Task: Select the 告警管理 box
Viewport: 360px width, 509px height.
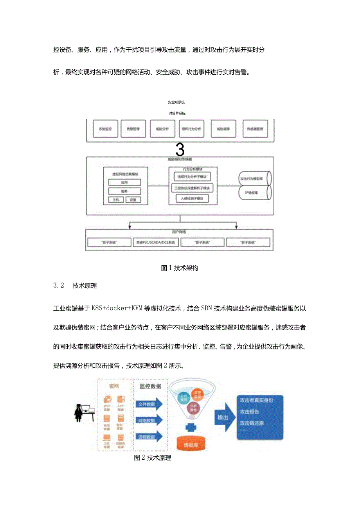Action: point(130,129)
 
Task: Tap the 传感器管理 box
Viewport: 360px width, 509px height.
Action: point(256,129)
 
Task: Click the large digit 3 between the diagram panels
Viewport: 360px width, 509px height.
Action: point(180,149)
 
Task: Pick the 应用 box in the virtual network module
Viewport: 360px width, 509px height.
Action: point(124,182)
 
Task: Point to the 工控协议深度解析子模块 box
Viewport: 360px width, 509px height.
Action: point(192,188)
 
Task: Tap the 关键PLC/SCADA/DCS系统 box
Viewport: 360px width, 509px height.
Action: point(156,243)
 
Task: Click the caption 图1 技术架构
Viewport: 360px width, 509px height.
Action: point(180,268)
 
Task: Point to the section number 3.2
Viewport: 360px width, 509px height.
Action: point(58,286)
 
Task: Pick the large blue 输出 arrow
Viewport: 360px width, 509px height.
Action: point(224,417)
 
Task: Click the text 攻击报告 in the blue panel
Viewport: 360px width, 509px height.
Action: point(250,412)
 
